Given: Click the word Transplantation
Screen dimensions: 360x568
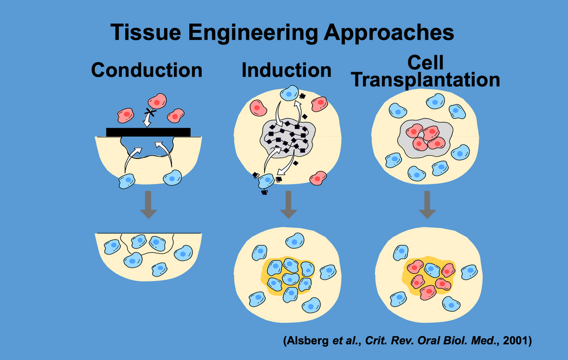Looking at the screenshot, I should pos(425,79).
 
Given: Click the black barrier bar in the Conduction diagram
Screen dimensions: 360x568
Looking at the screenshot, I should pos(148,132).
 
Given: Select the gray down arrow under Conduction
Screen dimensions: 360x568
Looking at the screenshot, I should pos(148,204).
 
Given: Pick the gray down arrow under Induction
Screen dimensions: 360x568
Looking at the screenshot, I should pos(289,204).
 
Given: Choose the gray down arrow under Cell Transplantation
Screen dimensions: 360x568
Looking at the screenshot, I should pos(427,204).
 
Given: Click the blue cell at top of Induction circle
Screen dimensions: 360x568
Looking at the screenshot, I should pos(291,91).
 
